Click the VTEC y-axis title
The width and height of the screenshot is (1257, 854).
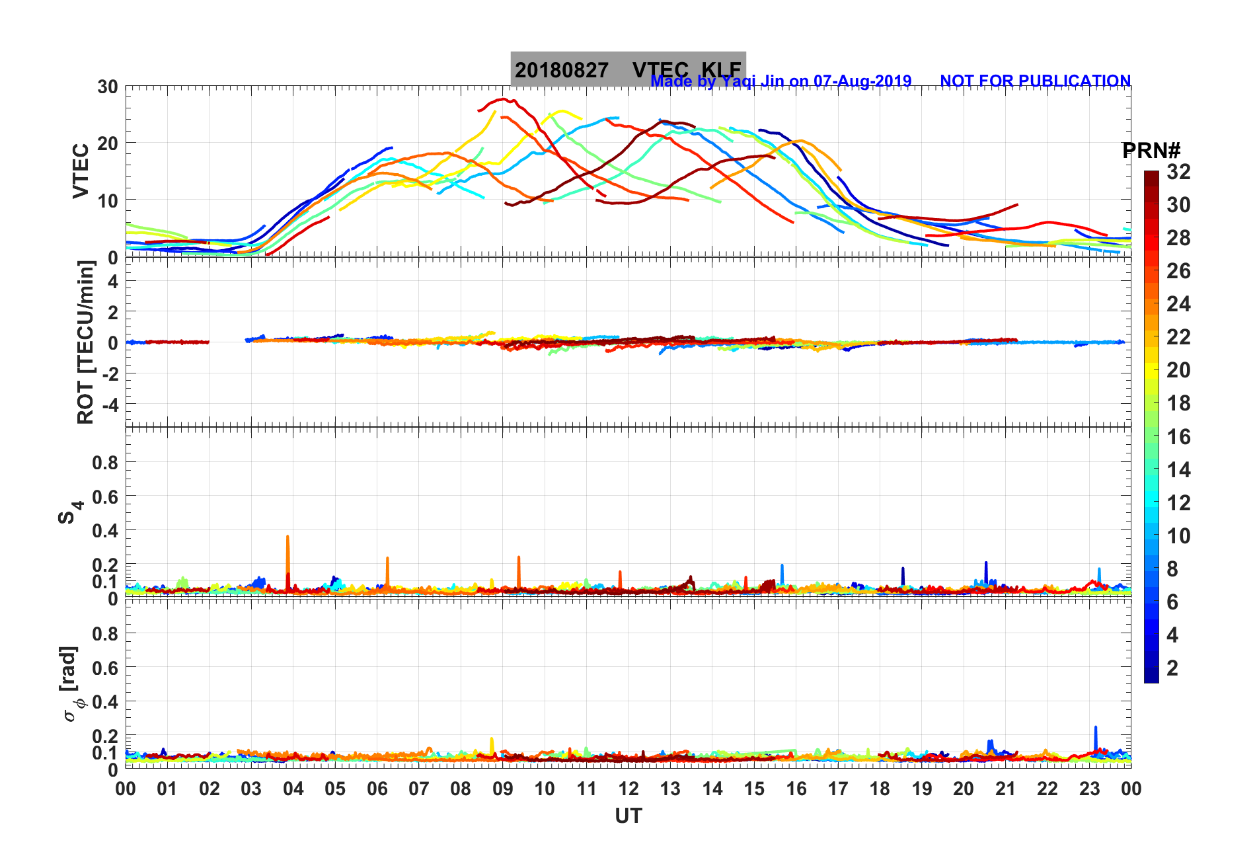(x=81, y=171)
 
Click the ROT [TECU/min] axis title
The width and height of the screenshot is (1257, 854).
(x=85, y=342)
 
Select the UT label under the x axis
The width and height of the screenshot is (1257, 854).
(x=628, y=816)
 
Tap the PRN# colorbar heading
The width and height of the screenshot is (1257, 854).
(x=1151, y=151)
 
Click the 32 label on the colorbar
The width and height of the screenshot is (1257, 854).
(x=1178, y=172)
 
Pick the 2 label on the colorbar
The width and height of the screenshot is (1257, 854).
(x=1172, y=668)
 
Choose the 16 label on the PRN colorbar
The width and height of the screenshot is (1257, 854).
(x=1178, y=436)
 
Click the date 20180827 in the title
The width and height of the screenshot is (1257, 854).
(x=561, y=70)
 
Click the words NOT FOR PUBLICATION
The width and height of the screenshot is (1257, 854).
(x=1035, y=81)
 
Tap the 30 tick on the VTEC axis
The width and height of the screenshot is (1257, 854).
(x=108, y=87)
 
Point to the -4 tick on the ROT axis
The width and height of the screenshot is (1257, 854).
(x=109, y=404)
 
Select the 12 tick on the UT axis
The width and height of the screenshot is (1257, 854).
(x=628, y=789)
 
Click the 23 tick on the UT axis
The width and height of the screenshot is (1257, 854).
(x=1089, y=789)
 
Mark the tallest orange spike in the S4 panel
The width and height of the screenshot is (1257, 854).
(x=287, y=537)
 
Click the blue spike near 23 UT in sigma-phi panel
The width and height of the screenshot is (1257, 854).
(x=1095, y=728)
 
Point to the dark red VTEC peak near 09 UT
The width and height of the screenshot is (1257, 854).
(x=504, y=99)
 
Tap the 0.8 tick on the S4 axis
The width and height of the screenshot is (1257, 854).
(x=105, y=463)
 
